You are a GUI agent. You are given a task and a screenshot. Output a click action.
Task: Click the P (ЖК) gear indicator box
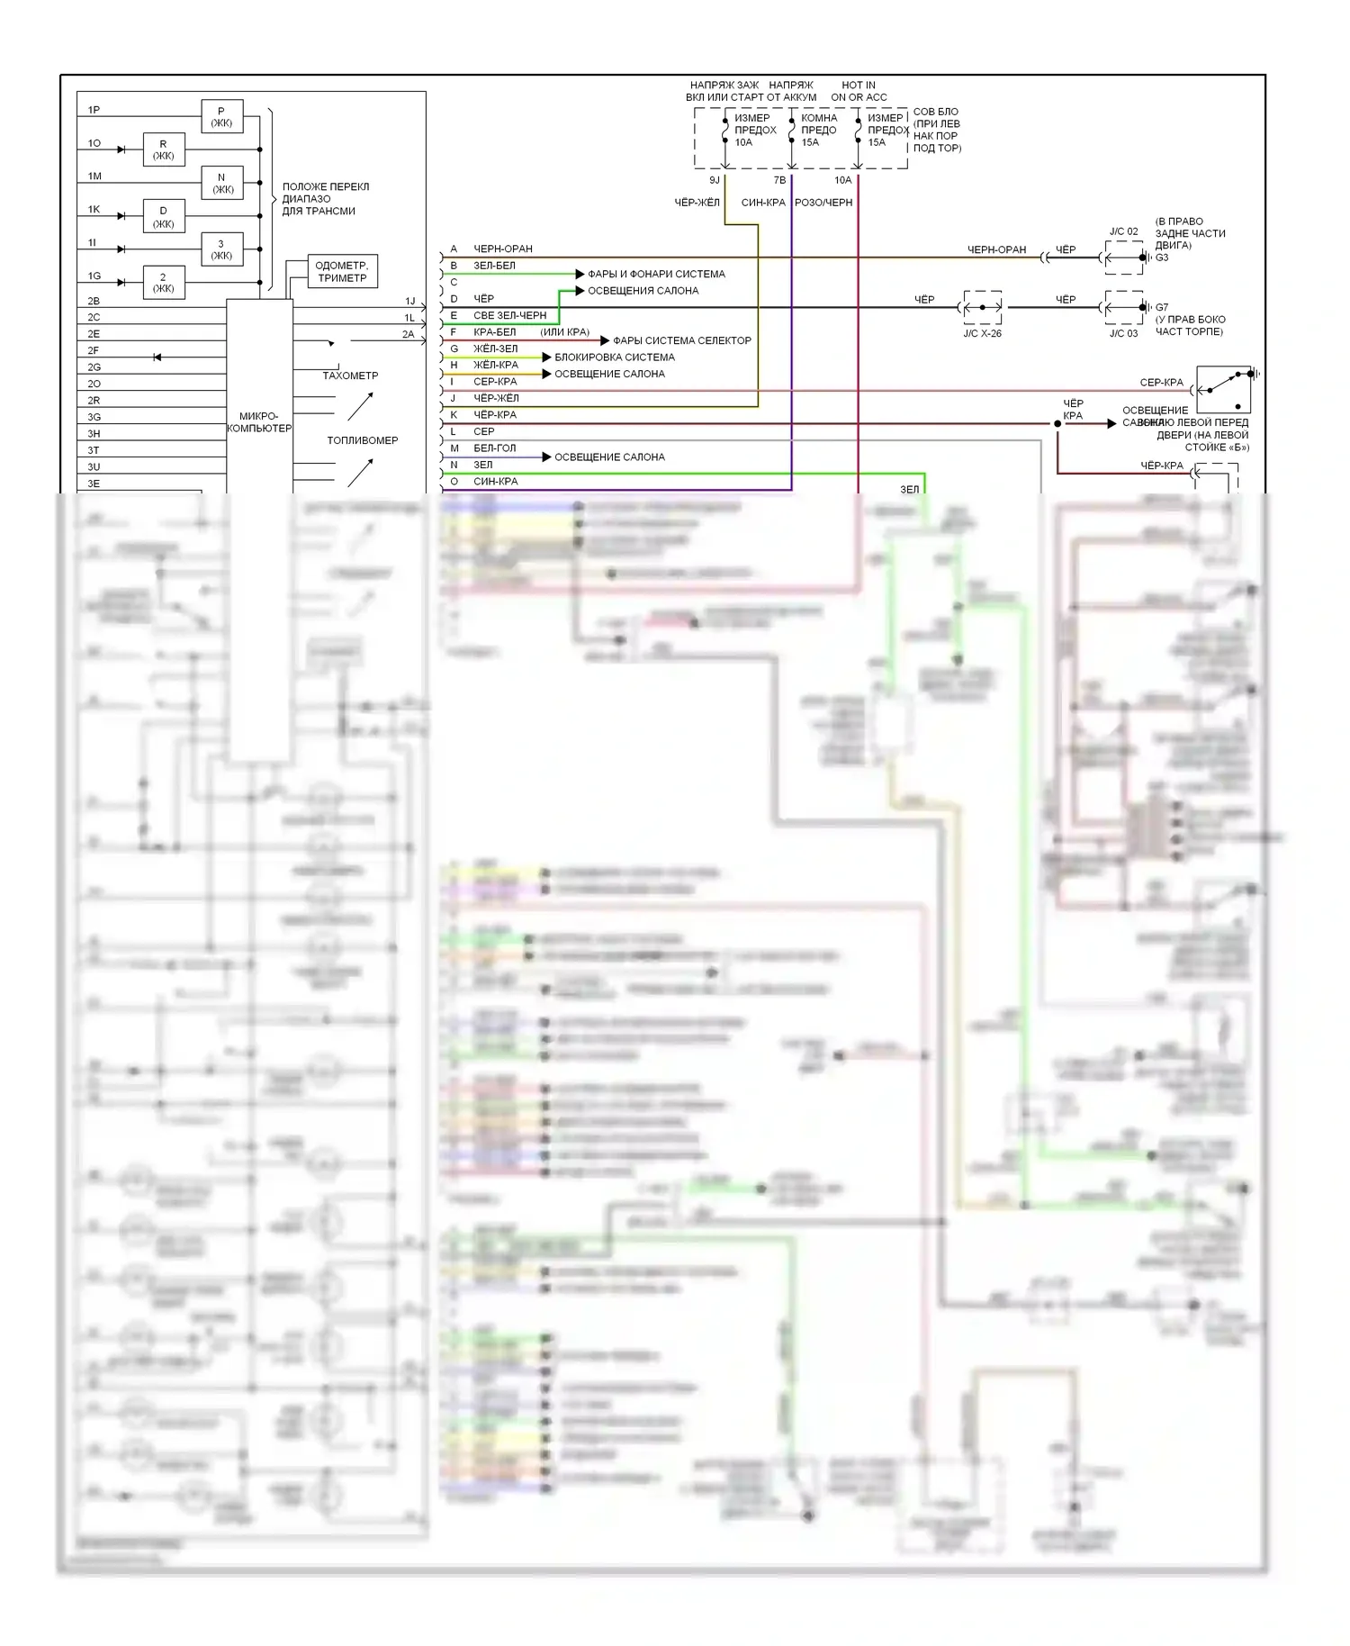[x=221, y=117]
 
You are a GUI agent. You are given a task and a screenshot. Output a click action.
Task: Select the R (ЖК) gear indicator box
[x=163, y=149]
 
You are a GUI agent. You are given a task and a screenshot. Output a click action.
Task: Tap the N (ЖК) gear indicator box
[x=221, y=183]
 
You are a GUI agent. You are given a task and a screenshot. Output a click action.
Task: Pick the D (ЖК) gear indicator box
[x=163, y=217]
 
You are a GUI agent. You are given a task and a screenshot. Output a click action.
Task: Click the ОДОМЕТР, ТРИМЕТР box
[x=341, y=271]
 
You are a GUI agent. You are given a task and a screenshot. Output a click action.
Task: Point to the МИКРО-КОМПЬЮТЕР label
[x=259, y=422]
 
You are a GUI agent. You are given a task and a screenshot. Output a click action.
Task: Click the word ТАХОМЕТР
[x=350, y=375]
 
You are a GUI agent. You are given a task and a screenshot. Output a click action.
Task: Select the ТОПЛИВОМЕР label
[x=362, y=440]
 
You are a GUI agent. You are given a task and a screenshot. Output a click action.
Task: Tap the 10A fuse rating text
[x=743, y=142]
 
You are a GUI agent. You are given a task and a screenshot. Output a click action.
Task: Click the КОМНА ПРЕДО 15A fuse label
[x=818, y=130]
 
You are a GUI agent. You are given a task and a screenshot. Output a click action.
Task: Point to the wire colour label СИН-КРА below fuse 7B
[x=763, y=203]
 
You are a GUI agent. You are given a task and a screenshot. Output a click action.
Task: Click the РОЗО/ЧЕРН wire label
[x=823, y=203]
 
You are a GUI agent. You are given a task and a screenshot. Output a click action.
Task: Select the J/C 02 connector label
[x=1123, y=231]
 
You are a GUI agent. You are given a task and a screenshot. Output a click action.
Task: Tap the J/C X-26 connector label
[x=982, y=333]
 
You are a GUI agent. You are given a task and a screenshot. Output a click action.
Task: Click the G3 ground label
[x=1162, y=258]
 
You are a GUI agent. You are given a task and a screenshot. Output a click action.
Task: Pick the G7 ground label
[x=1162, y=307]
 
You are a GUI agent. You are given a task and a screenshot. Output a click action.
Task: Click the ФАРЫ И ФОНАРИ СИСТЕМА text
[x=656, y=274]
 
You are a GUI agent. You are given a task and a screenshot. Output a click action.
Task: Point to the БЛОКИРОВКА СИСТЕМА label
[x=615, y=357]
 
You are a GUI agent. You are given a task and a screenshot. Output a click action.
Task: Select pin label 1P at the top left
[x=94, y=110]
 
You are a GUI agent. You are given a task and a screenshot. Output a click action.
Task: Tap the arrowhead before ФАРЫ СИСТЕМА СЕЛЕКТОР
[x=606, y=340]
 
